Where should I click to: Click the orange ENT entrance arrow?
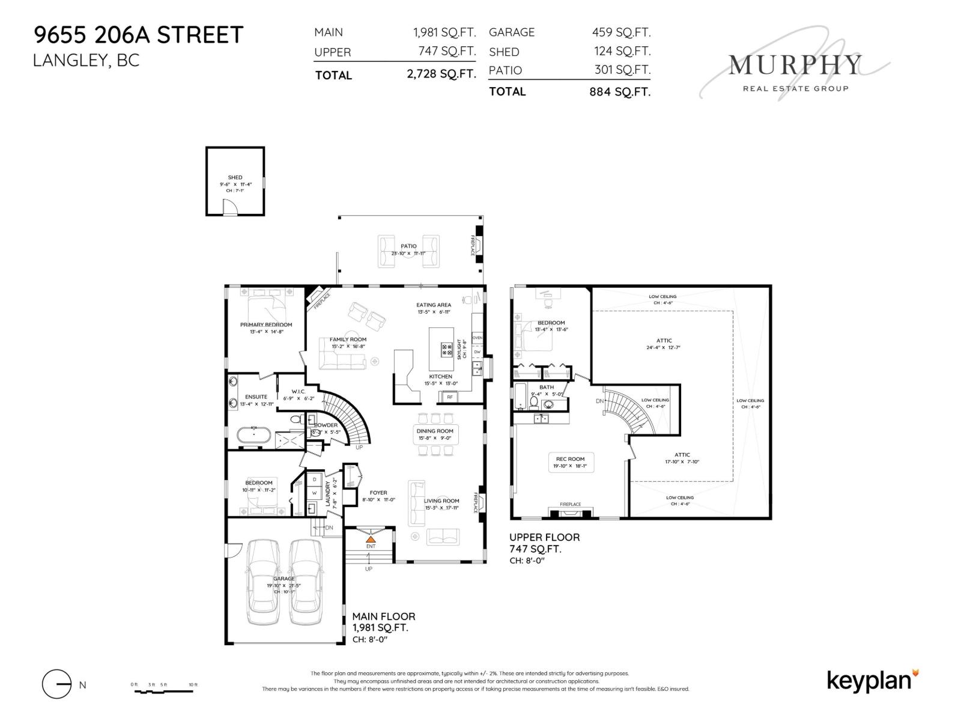371,539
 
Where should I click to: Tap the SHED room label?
235,177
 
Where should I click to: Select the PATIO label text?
408,246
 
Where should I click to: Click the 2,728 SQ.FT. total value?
441,75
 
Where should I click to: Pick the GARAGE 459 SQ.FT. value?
621,32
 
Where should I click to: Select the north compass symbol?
57,684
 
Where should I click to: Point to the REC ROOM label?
570,459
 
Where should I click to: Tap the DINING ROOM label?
435,431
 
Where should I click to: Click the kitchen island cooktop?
447,350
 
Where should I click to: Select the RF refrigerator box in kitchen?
449,397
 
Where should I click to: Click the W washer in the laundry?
314,493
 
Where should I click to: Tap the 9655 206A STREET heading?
138,35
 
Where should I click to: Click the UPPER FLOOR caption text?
544,537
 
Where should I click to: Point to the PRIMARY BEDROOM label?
266,324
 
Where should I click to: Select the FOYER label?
378,493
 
